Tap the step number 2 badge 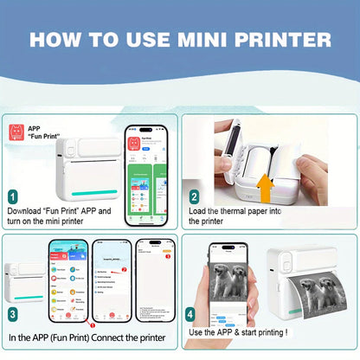pos(194,196)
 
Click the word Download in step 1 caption pos(26,210)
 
